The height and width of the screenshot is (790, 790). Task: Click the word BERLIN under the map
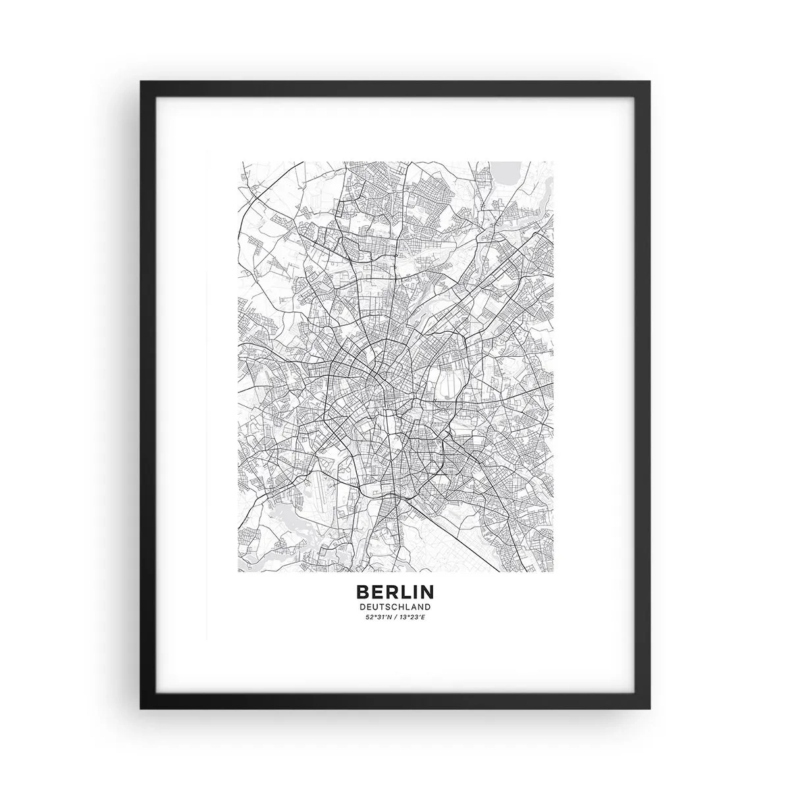[395, 592]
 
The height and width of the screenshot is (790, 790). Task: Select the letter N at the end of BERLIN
[427, 592]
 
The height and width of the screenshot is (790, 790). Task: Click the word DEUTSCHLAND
[395, 606]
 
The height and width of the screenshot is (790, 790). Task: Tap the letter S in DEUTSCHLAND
[388, 606]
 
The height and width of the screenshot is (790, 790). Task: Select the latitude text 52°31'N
[378, 617]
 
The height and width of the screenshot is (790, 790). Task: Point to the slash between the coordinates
[395, 617]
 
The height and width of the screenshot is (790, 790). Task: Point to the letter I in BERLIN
[413, 592]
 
